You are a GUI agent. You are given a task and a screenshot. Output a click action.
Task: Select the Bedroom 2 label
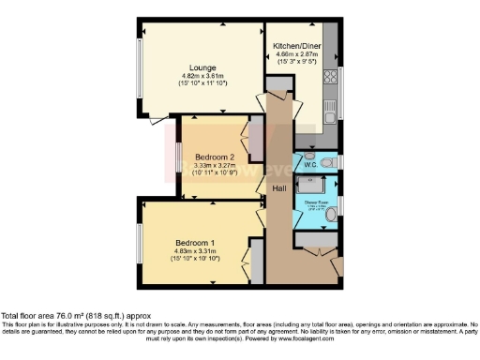tap(216, 157)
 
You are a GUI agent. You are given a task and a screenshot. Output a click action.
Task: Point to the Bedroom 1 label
tap(195, 241)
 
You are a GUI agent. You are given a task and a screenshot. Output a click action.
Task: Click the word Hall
tap(278, 189)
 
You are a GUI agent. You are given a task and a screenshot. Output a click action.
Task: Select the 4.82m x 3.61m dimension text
tap(203, 76)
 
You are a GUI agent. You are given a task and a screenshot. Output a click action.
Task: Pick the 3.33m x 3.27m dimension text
tap(216, 166)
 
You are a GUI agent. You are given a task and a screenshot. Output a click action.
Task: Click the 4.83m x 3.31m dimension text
tap(195, 250)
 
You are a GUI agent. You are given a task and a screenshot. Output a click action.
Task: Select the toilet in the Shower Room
tap(333, 215)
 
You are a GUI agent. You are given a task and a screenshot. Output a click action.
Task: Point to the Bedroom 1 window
tap(139, 246)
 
